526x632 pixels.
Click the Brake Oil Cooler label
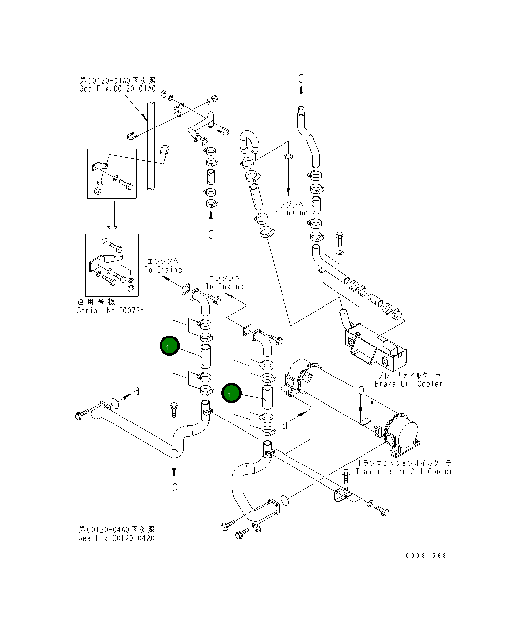(408, 384)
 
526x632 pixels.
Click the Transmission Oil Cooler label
(404, 471)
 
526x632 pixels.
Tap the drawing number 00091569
(426, 556)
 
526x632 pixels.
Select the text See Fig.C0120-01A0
(118, 89)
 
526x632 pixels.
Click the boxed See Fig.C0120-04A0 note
(117, 534)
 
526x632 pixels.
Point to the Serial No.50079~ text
(112, 310)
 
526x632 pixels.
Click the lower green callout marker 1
(230, 394)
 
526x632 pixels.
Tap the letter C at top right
(301, 78)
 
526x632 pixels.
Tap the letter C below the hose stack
(211, 234)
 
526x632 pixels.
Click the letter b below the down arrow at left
(175, 487)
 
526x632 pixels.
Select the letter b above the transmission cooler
(361, 390)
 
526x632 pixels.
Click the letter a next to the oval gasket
(136, 391)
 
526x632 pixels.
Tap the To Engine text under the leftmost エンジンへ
(163, 270)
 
